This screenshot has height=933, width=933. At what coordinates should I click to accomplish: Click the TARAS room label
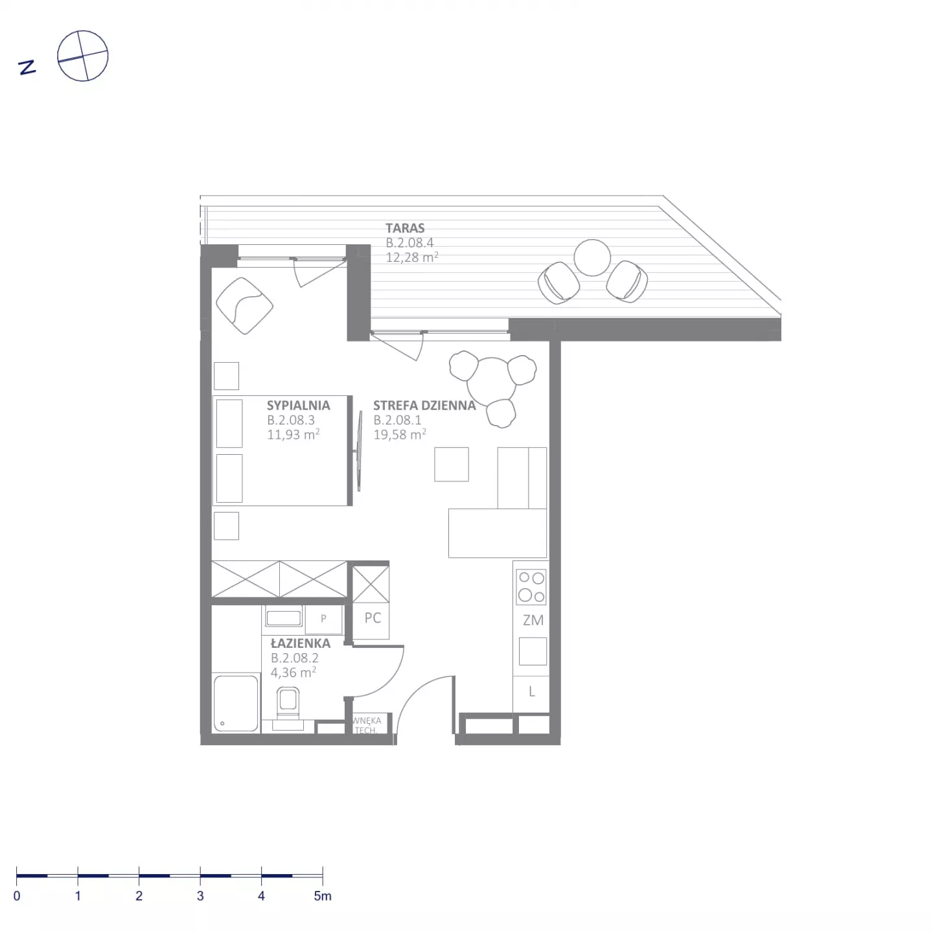click(x=404, y=227)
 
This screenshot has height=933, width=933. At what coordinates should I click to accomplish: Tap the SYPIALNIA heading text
click(x=298, y=405)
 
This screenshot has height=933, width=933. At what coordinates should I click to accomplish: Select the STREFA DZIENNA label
click(x=424, y=405)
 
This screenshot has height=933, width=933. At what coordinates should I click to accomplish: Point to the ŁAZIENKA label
click(x=300, y=643)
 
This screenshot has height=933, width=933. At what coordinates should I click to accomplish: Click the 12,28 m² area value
click(x=411, y=257)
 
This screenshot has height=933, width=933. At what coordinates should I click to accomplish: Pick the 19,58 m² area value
click(x=400, y=434)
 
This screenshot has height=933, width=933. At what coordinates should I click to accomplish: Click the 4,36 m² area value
click(x=293, y=672)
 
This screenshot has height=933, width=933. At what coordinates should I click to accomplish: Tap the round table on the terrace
click(x=592, y=258)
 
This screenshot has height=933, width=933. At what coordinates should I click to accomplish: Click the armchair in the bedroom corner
click(x=244, y=306)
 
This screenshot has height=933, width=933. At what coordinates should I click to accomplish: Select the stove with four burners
click(x=531, y=586)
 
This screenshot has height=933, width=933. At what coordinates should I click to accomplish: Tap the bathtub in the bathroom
click(x=236, y=702)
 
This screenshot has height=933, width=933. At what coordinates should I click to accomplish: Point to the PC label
click(x=373, y=617)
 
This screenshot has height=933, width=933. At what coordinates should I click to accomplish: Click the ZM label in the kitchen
click(x=533, y=620)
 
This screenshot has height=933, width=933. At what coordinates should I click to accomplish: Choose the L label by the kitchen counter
click(x=532, y=691)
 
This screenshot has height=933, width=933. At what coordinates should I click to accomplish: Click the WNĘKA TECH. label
click(x=367, y=725)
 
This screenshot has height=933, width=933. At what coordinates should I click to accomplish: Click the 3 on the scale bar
click(x=200, y=895)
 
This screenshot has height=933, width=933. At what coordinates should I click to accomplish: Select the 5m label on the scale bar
click(x=323, y=895)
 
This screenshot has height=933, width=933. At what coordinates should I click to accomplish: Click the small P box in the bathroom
click(x=323, y=618)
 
